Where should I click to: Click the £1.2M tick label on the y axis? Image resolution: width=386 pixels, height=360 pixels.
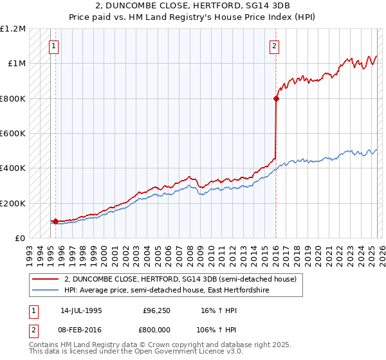pos(13,29)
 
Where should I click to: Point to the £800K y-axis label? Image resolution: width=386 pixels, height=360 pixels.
pos(13,98)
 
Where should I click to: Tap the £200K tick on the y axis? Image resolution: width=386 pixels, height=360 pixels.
pos(13,203)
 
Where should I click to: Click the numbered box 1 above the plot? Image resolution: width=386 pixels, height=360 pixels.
pos(53,46)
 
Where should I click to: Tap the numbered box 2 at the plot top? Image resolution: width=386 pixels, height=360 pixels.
pos(275,46)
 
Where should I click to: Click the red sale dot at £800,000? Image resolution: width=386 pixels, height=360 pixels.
pos(276,98)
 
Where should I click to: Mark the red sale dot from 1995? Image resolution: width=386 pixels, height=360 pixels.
pos(56,221)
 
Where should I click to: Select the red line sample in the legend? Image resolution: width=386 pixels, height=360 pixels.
pos(46,280)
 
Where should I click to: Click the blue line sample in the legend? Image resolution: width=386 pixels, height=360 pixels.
pos(46,291)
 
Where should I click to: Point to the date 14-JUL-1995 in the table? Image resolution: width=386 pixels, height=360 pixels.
pos(82,310)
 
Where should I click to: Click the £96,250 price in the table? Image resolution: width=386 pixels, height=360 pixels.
pos(156,310)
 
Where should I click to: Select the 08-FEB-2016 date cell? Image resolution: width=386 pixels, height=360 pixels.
pos(82,329)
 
